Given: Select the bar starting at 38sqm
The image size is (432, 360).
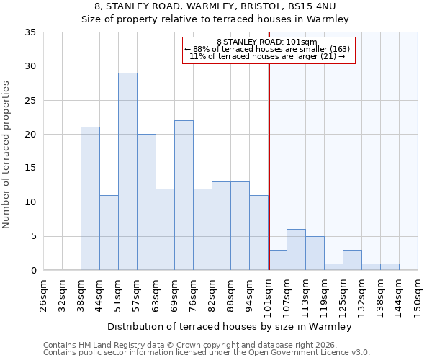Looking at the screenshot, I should coord(90,199).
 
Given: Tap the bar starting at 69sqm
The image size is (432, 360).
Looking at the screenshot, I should coord(184,195).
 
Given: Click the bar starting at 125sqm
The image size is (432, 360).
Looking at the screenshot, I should coord(352,260).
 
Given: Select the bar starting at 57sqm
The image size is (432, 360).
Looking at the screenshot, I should coord(146,202).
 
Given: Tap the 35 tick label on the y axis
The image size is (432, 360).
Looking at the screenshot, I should coord(30,32).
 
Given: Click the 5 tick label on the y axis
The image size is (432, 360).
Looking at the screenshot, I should coord(32,236).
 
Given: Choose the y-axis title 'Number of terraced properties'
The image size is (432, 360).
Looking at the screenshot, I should coord(7,155).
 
